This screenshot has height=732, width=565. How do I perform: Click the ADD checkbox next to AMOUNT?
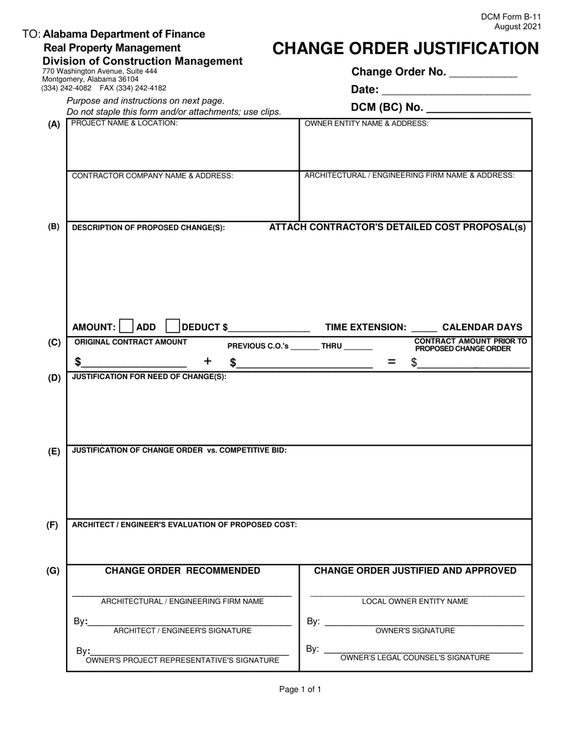[127, 326]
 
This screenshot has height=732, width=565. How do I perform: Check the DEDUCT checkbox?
[172, 326]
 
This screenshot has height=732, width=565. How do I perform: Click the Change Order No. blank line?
[483, 75]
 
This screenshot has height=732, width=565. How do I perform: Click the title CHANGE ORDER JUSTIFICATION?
[406, 49]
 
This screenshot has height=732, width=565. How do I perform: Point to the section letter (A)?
[54, 124]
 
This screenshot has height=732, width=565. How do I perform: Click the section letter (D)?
[54, 377]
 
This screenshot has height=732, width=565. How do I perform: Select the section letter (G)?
[54, 571]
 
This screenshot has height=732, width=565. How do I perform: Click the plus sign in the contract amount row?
[208, 361]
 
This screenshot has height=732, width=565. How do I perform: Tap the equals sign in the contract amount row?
[391, 361]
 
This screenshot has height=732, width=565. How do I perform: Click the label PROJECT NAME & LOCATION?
[124, 123]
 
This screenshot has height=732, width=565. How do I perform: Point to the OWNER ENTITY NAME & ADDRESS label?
[366, 123]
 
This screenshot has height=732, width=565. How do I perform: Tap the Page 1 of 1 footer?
[300, 690]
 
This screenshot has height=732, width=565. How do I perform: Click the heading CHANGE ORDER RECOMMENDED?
[183, 571]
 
